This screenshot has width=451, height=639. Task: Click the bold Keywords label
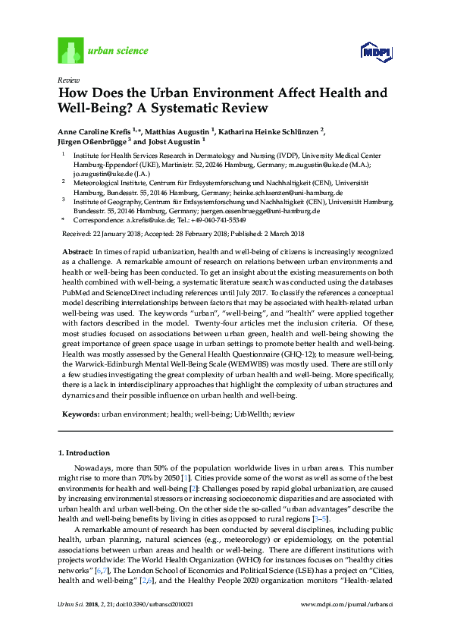pos(79,414)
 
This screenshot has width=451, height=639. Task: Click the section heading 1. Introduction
pos(84,452)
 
